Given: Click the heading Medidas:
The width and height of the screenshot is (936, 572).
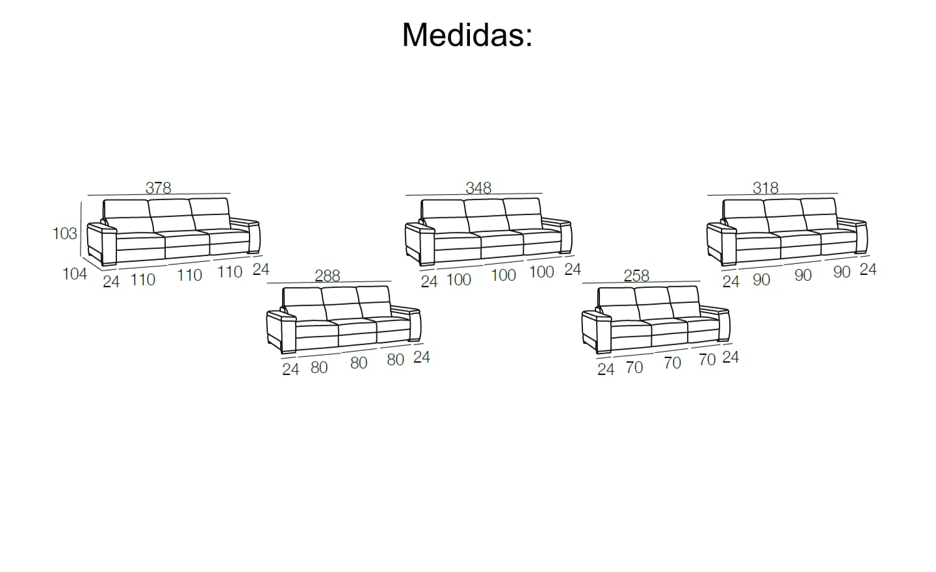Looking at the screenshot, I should click(x=467, y=34).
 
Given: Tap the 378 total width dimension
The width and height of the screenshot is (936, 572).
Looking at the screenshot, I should click(x=158, y=188).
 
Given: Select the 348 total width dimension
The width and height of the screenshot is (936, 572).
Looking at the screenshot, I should click(x=478, y=187).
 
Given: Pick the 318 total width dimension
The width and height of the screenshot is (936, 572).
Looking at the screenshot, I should click(x=766, y=188).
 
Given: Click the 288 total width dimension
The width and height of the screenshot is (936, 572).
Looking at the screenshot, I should click(x=328, y=276).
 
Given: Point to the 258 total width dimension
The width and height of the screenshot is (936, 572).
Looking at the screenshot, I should click(x=636, y=276).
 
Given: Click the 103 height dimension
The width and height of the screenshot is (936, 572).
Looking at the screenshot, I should click(x=65, y=233).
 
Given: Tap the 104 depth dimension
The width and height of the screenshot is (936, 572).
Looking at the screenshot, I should click(x=75, y=274).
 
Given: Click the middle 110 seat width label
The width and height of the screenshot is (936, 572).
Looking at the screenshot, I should click(x=190, y=275).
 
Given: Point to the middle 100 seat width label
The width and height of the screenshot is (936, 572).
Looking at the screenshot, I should click(x=503, y=275).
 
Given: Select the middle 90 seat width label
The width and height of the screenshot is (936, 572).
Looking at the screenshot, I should click(x=803, y=275).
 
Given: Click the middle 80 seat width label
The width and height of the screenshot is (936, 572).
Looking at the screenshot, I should click(x=359, y=363).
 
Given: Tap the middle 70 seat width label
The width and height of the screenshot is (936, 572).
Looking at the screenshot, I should click(x=673, y=363).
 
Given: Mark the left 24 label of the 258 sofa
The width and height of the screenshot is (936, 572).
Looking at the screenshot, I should click(x=606, y=369).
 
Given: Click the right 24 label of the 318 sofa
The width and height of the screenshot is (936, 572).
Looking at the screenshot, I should click(x=868, y=269).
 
